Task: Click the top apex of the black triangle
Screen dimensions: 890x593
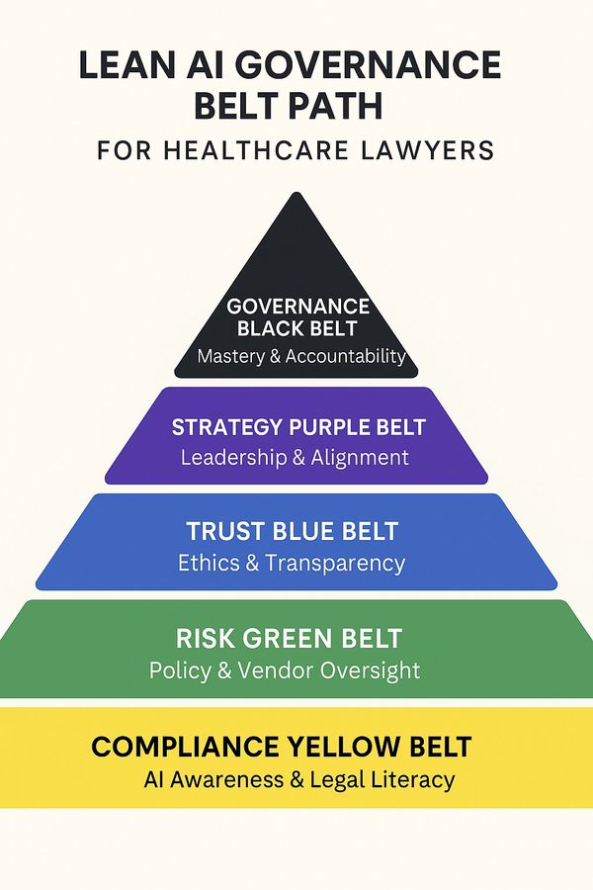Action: pyautogui.click(x=296, y=194)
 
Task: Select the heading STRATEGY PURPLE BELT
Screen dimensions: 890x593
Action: pyautogui.click(x=298, y=428)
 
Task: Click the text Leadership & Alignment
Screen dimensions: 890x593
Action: pyautogui.click(x=295, y=458)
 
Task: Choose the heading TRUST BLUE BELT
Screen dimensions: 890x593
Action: pyautogui.click(x=293, y=532)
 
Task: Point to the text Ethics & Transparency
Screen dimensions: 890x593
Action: pyautogui.click(x=292, y=564)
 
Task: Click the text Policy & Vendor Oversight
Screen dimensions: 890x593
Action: pyautogui.click(x=285, y=670)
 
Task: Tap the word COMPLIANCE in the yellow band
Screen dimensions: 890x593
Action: pyautogui.click(x=187, y=746)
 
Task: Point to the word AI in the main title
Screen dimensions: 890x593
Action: pyautogui.click(x=194, y=67)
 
